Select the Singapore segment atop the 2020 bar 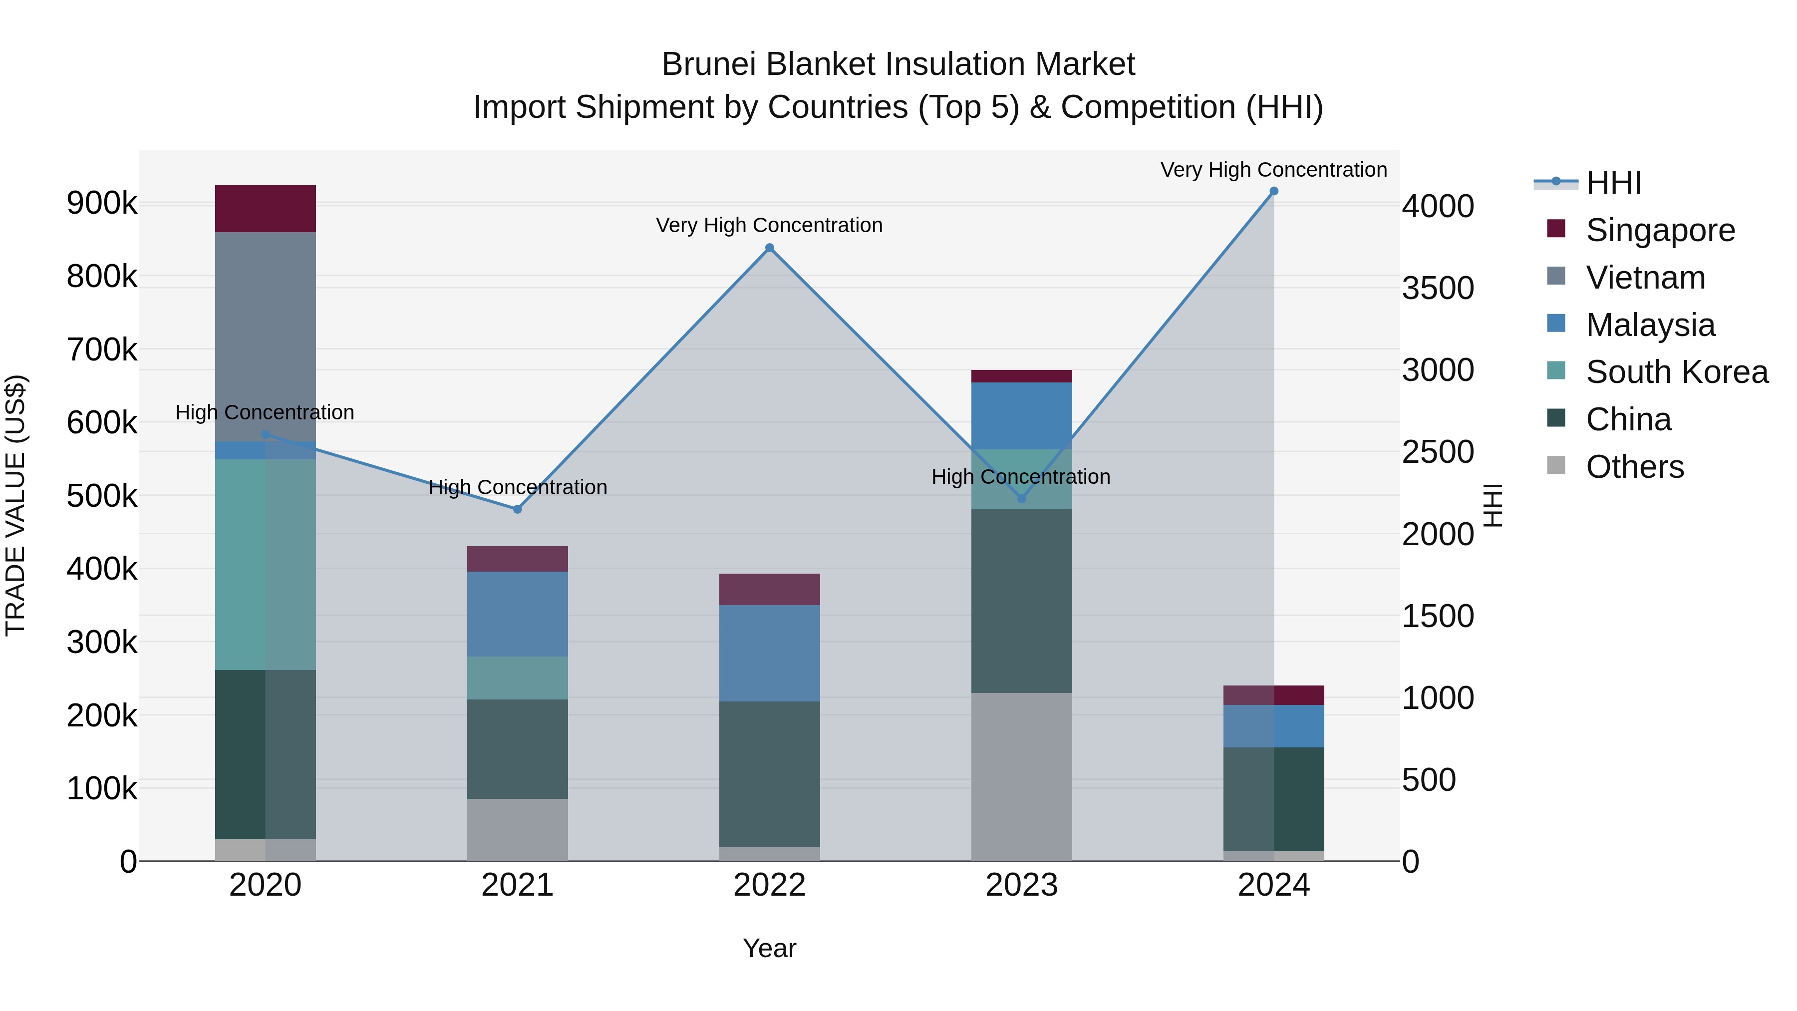(265, 209)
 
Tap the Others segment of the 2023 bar (1021, 776)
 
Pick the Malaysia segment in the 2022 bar (769, 653)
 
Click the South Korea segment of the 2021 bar (517, 677)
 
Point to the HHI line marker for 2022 (769, 248)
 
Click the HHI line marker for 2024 (1274, 191)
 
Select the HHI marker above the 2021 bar (518, 509)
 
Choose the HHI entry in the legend (1613, 183)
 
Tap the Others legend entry (1634, 467)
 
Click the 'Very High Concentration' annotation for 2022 (769, 225)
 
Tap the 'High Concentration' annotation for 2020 (265, 412)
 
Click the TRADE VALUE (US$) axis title (15, 505)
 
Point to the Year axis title (769, 948)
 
